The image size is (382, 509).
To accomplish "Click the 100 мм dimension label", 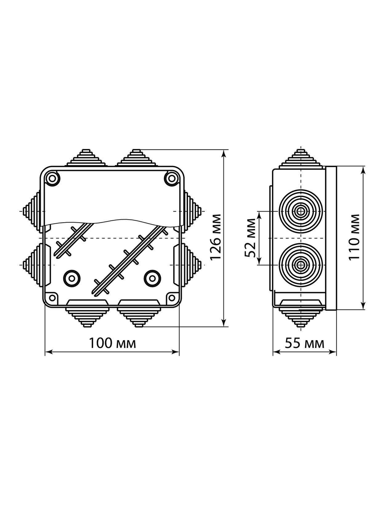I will pyautogui.click(x=112, y=343).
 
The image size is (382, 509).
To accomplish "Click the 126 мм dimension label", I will pyautogui.click(x=216, y=238).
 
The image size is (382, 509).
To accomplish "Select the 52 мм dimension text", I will pyautogui.click(x=251, y=238).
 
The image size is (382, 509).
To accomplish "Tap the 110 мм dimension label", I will pyautogui.click(x=354, y=237).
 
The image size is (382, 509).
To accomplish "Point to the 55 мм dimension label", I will pyautogui.click(x=304, y=343).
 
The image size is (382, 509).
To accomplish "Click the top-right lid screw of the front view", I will pyautogui.click(x=172, y=178).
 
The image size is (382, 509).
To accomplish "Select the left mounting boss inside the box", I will pyautogui.click(x=71, y=277).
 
